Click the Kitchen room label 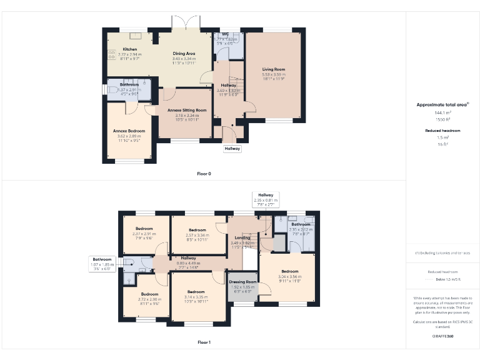(130, 49)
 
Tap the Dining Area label (184, 54)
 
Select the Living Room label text (273, 69)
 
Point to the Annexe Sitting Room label (187, 109)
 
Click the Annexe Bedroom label (129, 131)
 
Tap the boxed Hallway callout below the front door (232, 149)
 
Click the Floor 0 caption (204, 173)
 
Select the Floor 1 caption (204, 342)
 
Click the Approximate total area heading (442, 104)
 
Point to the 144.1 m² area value (442, 113)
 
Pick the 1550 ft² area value (442, 119)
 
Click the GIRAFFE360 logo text (442, 336)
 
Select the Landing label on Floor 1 (242, 237)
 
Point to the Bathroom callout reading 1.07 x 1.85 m (102, 264)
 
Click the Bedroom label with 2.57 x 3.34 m (197, 230)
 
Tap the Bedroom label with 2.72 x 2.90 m (149, 294)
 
